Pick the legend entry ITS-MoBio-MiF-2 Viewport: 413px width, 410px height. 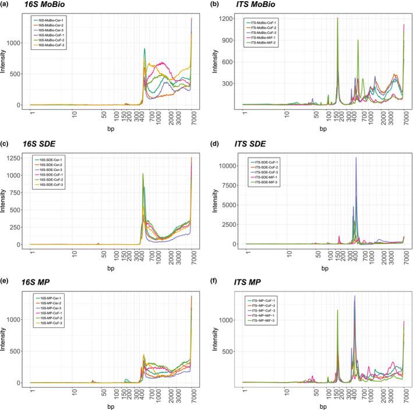[267, 41]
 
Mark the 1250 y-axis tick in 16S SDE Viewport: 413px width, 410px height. [22, 158]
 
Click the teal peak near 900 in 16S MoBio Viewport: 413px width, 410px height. [144, 49]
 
